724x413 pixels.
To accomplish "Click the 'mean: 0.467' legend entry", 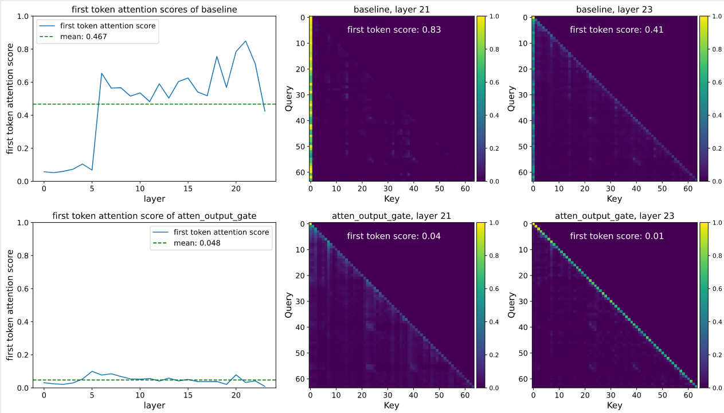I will click(84, 37).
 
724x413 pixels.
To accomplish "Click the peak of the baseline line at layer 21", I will click(246, 41).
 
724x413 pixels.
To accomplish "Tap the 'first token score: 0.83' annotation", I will click(394, 30).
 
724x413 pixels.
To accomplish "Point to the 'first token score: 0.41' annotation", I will click(617, 30).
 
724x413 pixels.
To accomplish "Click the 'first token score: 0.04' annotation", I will click(394, 236).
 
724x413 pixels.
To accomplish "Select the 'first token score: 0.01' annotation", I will click(617, 236).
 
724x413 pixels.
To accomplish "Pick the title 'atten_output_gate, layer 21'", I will click(392, 215).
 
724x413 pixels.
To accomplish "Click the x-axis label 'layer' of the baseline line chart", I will click(155, 199).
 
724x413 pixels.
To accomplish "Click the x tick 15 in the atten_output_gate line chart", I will click(188, 395).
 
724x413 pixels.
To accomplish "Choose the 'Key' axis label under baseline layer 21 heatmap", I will click(392, 199).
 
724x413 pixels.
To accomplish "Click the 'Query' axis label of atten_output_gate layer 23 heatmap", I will click(512, 305).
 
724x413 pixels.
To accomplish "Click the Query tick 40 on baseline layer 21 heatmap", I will click(299, 121).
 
